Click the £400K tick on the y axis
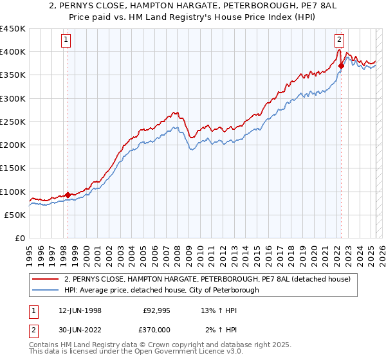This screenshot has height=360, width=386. point(13,52)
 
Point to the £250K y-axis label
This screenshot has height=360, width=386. point(13,122)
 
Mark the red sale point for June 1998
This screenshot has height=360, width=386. point(68,195)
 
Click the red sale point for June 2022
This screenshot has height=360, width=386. point(341,66)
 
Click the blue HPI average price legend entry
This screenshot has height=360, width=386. point(161,290)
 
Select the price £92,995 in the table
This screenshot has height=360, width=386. point(156,310)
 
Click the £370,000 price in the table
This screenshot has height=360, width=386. point(156,329)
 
